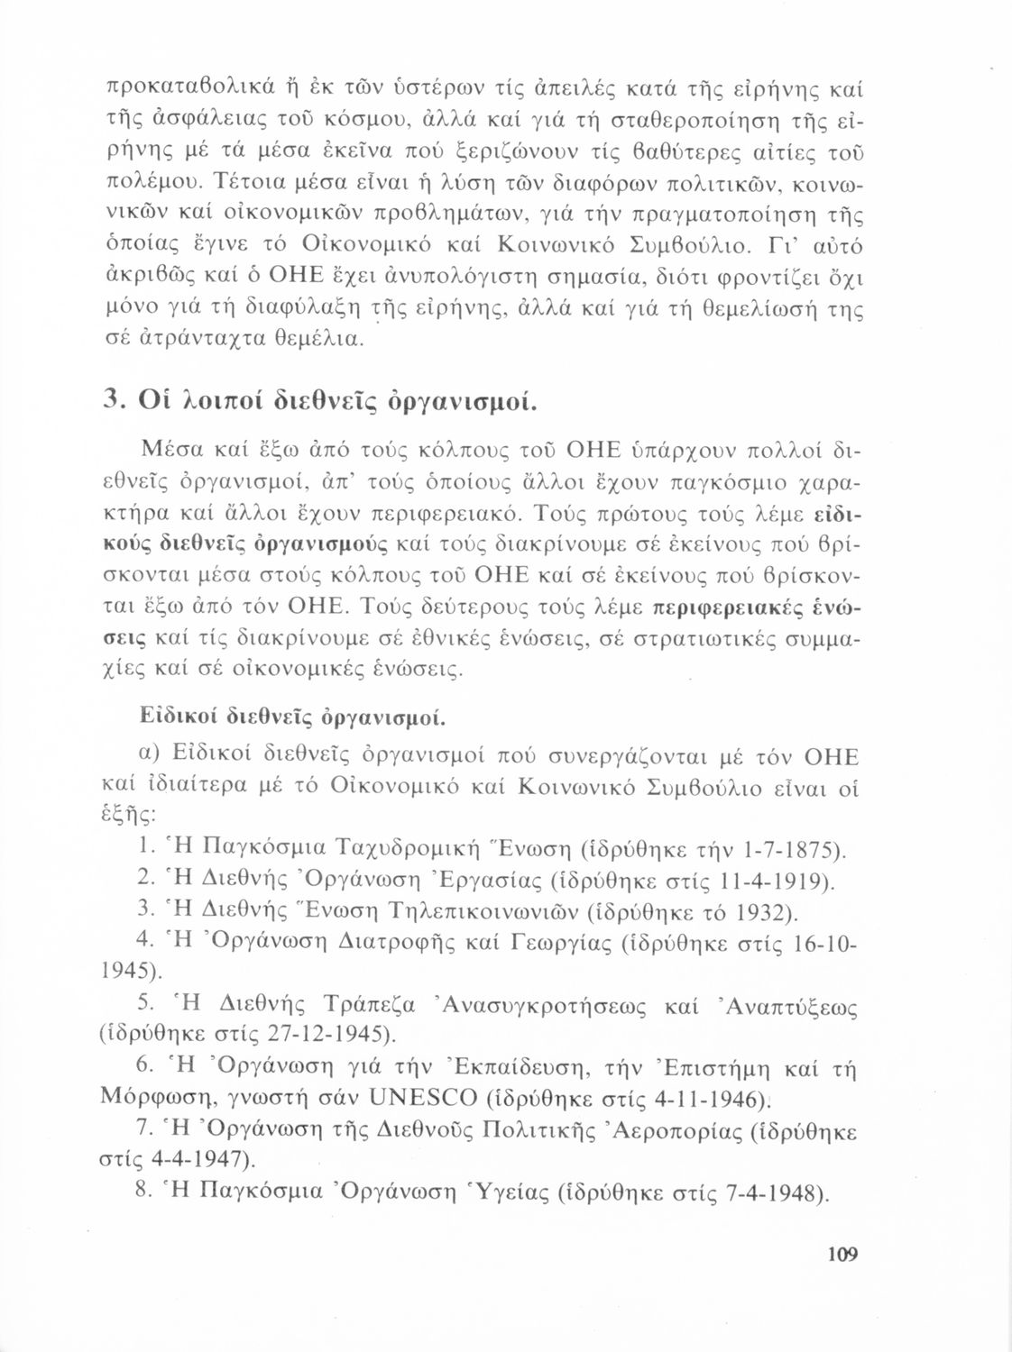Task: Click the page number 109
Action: coord(839,1254)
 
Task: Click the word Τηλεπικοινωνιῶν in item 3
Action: coord(472,911)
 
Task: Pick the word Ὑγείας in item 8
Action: coord(501,1192)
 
